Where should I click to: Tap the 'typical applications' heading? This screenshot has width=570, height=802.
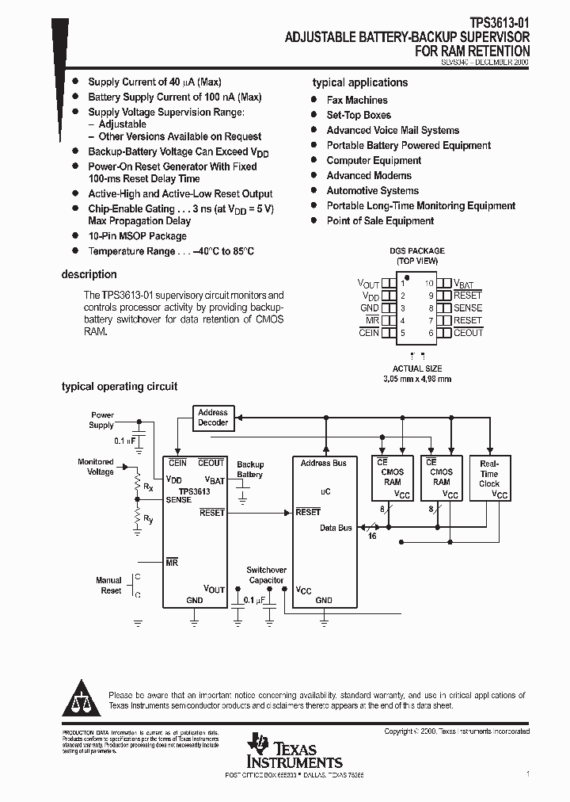pyautogui.click(x=360, y=82)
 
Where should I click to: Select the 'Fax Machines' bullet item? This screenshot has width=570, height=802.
pyautogui.click(x=357, y=100)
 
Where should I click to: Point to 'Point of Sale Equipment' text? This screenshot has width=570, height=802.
pyautogui.click(x=380, y=221)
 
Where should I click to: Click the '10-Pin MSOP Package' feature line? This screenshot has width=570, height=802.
pyautogui.click(x=137, y=236)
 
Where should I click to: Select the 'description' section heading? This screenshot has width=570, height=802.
pyautogui.click(x=89, y=274)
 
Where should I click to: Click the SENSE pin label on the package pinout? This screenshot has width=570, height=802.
pyautogui.click(x=467, y=307)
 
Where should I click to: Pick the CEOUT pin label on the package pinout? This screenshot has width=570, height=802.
pyautogui.click(x=467, y=333)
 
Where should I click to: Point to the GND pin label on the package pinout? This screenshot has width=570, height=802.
pyautogui.click(x=370, y=307)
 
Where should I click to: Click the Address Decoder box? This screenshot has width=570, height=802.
pyautogui.click(x=213, y=418)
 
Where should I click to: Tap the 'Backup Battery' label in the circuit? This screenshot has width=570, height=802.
pyautogui.click(x=250, y=470)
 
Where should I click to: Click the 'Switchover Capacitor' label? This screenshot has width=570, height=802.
pyautogui.click(x=265, y=575)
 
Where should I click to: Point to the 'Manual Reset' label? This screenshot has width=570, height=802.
pyautogui.click(x=109, y=586)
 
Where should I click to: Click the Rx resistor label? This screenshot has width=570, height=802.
pyautogui.click(x=148, y=487)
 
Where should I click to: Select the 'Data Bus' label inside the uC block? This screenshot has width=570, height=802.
pyautogui.click(x=336, y=528)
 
